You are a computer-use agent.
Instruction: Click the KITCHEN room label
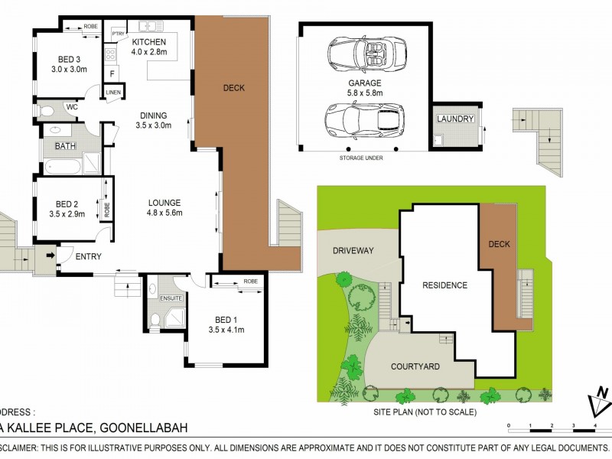(x=148, y=41)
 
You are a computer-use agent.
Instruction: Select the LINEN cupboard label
(x=113, y=93)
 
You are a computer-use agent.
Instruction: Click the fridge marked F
(x=112, y=73)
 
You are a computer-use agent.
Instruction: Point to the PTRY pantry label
(x=118, y=34)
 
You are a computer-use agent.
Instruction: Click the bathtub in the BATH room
(x=63, y=164)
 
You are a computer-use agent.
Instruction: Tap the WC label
(x=73, y=107)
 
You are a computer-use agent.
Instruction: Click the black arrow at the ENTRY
(x=50, y=256)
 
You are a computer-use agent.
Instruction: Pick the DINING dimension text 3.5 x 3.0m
(x=153, y=125)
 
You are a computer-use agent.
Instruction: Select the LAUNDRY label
(x=455, y=119)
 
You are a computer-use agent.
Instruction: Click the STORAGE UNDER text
(x=360, y=158)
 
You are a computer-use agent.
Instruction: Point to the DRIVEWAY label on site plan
(x=352, y=250)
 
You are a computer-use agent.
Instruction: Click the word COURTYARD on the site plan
(x=415, y=366)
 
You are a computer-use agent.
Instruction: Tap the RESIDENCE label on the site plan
(x=444, y=285)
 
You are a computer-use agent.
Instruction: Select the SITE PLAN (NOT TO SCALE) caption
(x=425, y=412)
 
